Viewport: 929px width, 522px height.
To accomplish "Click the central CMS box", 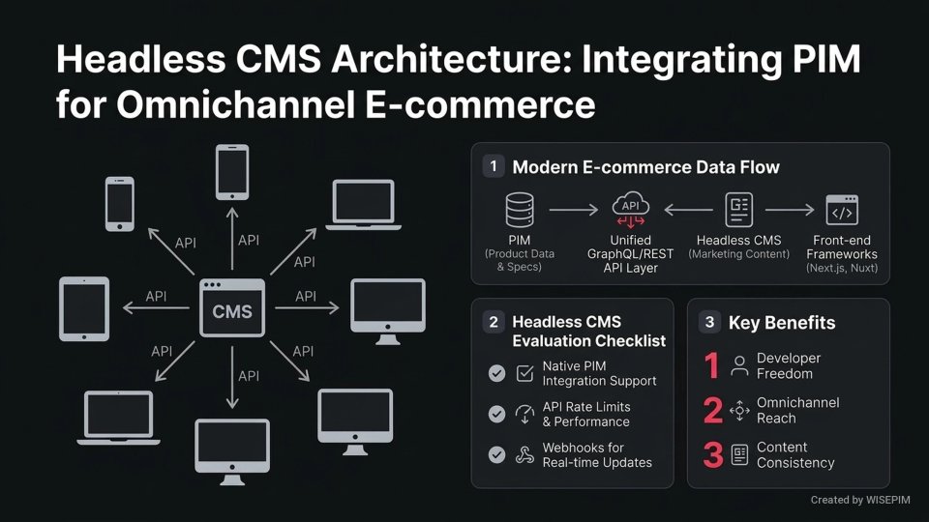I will tap(232, 308).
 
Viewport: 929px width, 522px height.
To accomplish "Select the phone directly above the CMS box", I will tap(232, 171).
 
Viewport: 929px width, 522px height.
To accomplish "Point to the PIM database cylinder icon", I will tap(520, 210).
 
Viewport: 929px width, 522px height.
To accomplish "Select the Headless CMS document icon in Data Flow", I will tap(739, 210).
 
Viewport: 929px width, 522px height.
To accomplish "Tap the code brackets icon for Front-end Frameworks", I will tap(841, 210).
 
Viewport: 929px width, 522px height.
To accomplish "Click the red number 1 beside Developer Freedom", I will tap(712, 366).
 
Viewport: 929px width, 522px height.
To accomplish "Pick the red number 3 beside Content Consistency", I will tap(712, 455).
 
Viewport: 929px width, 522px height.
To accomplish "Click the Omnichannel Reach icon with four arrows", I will tap(740, 411).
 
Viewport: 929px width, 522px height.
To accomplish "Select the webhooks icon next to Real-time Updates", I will tap(524, 455).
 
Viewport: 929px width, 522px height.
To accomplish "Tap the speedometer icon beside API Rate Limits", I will tap(524, 414).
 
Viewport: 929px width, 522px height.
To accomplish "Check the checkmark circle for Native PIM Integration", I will tap(496, 373).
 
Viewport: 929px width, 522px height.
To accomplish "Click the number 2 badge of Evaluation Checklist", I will tap(494, 322).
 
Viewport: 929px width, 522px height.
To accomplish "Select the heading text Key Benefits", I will tap(781, 323).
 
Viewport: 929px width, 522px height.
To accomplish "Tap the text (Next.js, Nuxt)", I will tap(841, 268).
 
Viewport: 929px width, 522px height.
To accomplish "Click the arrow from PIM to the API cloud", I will tap(573, 210).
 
